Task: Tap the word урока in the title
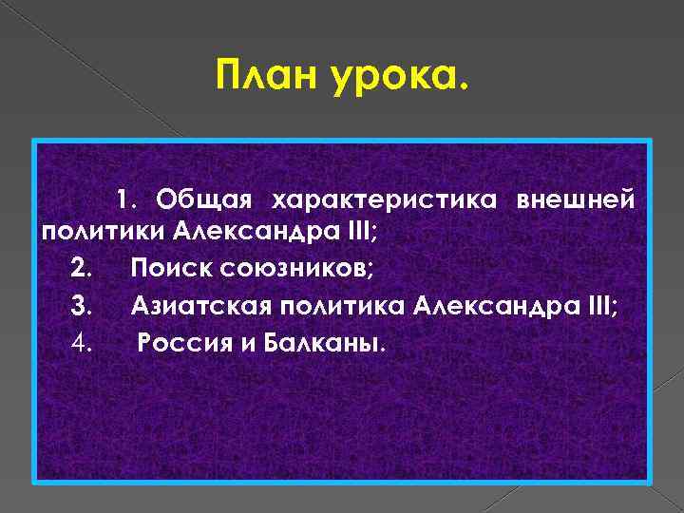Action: click(x=399, y=71)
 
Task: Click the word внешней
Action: click(x=576, y=200)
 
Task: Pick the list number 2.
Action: click(x=81, y=270)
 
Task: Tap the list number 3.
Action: click(x=81, y=305)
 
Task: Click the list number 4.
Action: click(x=81, y=340)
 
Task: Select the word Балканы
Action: click(x=319, y=340)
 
